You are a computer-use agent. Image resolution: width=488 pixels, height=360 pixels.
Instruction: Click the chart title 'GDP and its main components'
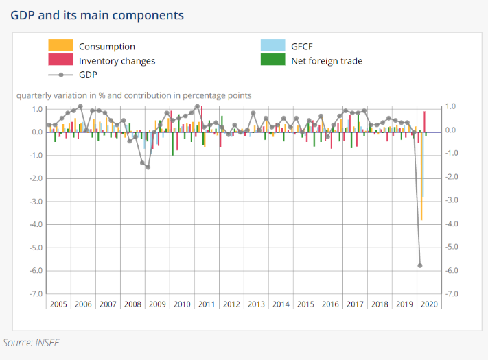click(97, 14)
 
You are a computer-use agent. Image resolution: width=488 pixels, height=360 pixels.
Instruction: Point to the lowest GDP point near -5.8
click(419, 265)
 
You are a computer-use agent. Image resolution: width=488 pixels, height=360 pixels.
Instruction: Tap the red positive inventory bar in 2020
click(425, 121)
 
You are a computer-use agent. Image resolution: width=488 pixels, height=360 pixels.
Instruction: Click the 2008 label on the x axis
click(132, 304)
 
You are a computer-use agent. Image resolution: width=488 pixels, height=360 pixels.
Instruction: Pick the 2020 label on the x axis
click(428, 304)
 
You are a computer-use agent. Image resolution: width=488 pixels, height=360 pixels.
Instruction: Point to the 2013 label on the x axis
click(255, 304)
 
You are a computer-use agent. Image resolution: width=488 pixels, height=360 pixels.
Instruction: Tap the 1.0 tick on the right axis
click(451, 106)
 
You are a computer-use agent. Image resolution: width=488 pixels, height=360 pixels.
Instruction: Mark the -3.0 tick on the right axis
click(451, 200)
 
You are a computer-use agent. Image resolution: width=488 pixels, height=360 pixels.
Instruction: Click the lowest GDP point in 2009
click(148, 167)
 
